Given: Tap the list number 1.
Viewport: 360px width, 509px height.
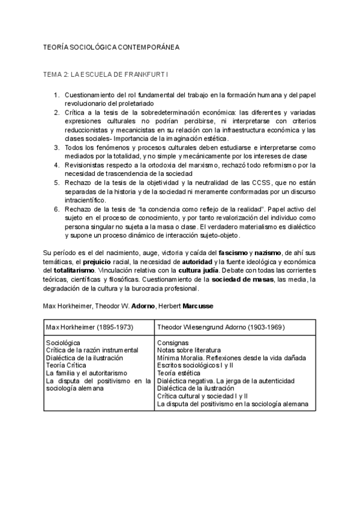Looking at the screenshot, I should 56,95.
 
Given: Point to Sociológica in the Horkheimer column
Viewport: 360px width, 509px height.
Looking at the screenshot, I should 64,342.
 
